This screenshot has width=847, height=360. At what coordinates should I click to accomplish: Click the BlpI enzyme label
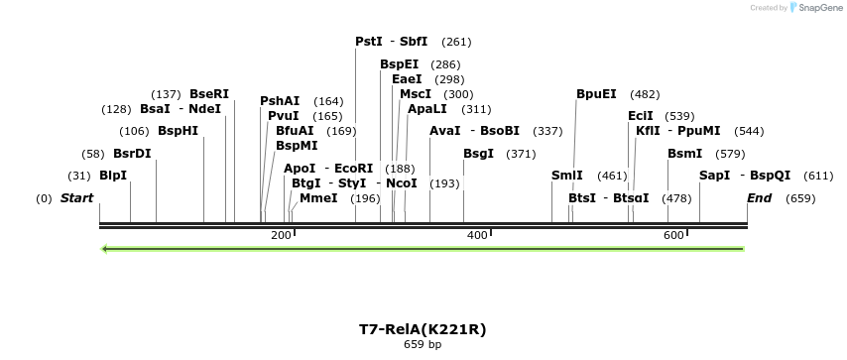click(113, 176)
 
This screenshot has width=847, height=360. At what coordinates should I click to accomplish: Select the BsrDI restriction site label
click(132, 154)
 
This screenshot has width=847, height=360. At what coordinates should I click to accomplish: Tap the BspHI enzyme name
click(178, 131)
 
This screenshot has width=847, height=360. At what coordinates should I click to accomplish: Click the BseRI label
click(209, 94)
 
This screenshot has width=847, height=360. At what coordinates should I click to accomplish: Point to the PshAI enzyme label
click(280, 101)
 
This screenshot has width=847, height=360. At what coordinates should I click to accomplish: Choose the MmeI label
click(318, 198)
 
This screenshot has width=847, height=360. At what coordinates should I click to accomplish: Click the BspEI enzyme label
click(400, 64)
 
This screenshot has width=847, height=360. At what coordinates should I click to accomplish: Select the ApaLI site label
click(427, 109)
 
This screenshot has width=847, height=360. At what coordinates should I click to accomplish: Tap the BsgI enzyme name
click(479, 154)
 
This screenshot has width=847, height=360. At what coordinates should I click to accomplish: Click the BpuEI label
click(596, 94)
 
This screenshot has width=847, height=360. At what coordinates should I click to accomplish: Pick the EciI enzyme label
click(641, 116)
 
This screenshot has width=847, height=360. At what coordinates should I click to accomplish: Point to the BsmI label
click(685, 154)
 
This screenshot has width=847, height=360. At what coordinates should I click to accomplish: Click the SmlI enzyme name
click(567, 176)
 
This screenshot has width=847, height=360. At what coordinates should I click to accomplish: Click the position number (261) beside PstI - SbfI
click(456, 42)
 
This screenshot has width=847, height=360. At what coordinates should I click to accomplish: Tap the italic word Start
click(76, 198)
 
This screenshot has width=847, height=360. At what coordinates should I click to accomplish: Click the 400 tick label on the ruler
click(477, 235)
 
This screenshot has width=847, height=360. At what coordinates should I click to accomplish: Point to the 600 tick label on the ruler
click(673, 235)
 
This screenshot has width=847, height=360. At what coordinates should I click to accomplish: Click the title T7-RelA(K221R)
click(423, 329)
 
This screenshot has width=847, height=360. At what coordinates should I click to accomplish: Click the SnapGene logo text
click(817, 8)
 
